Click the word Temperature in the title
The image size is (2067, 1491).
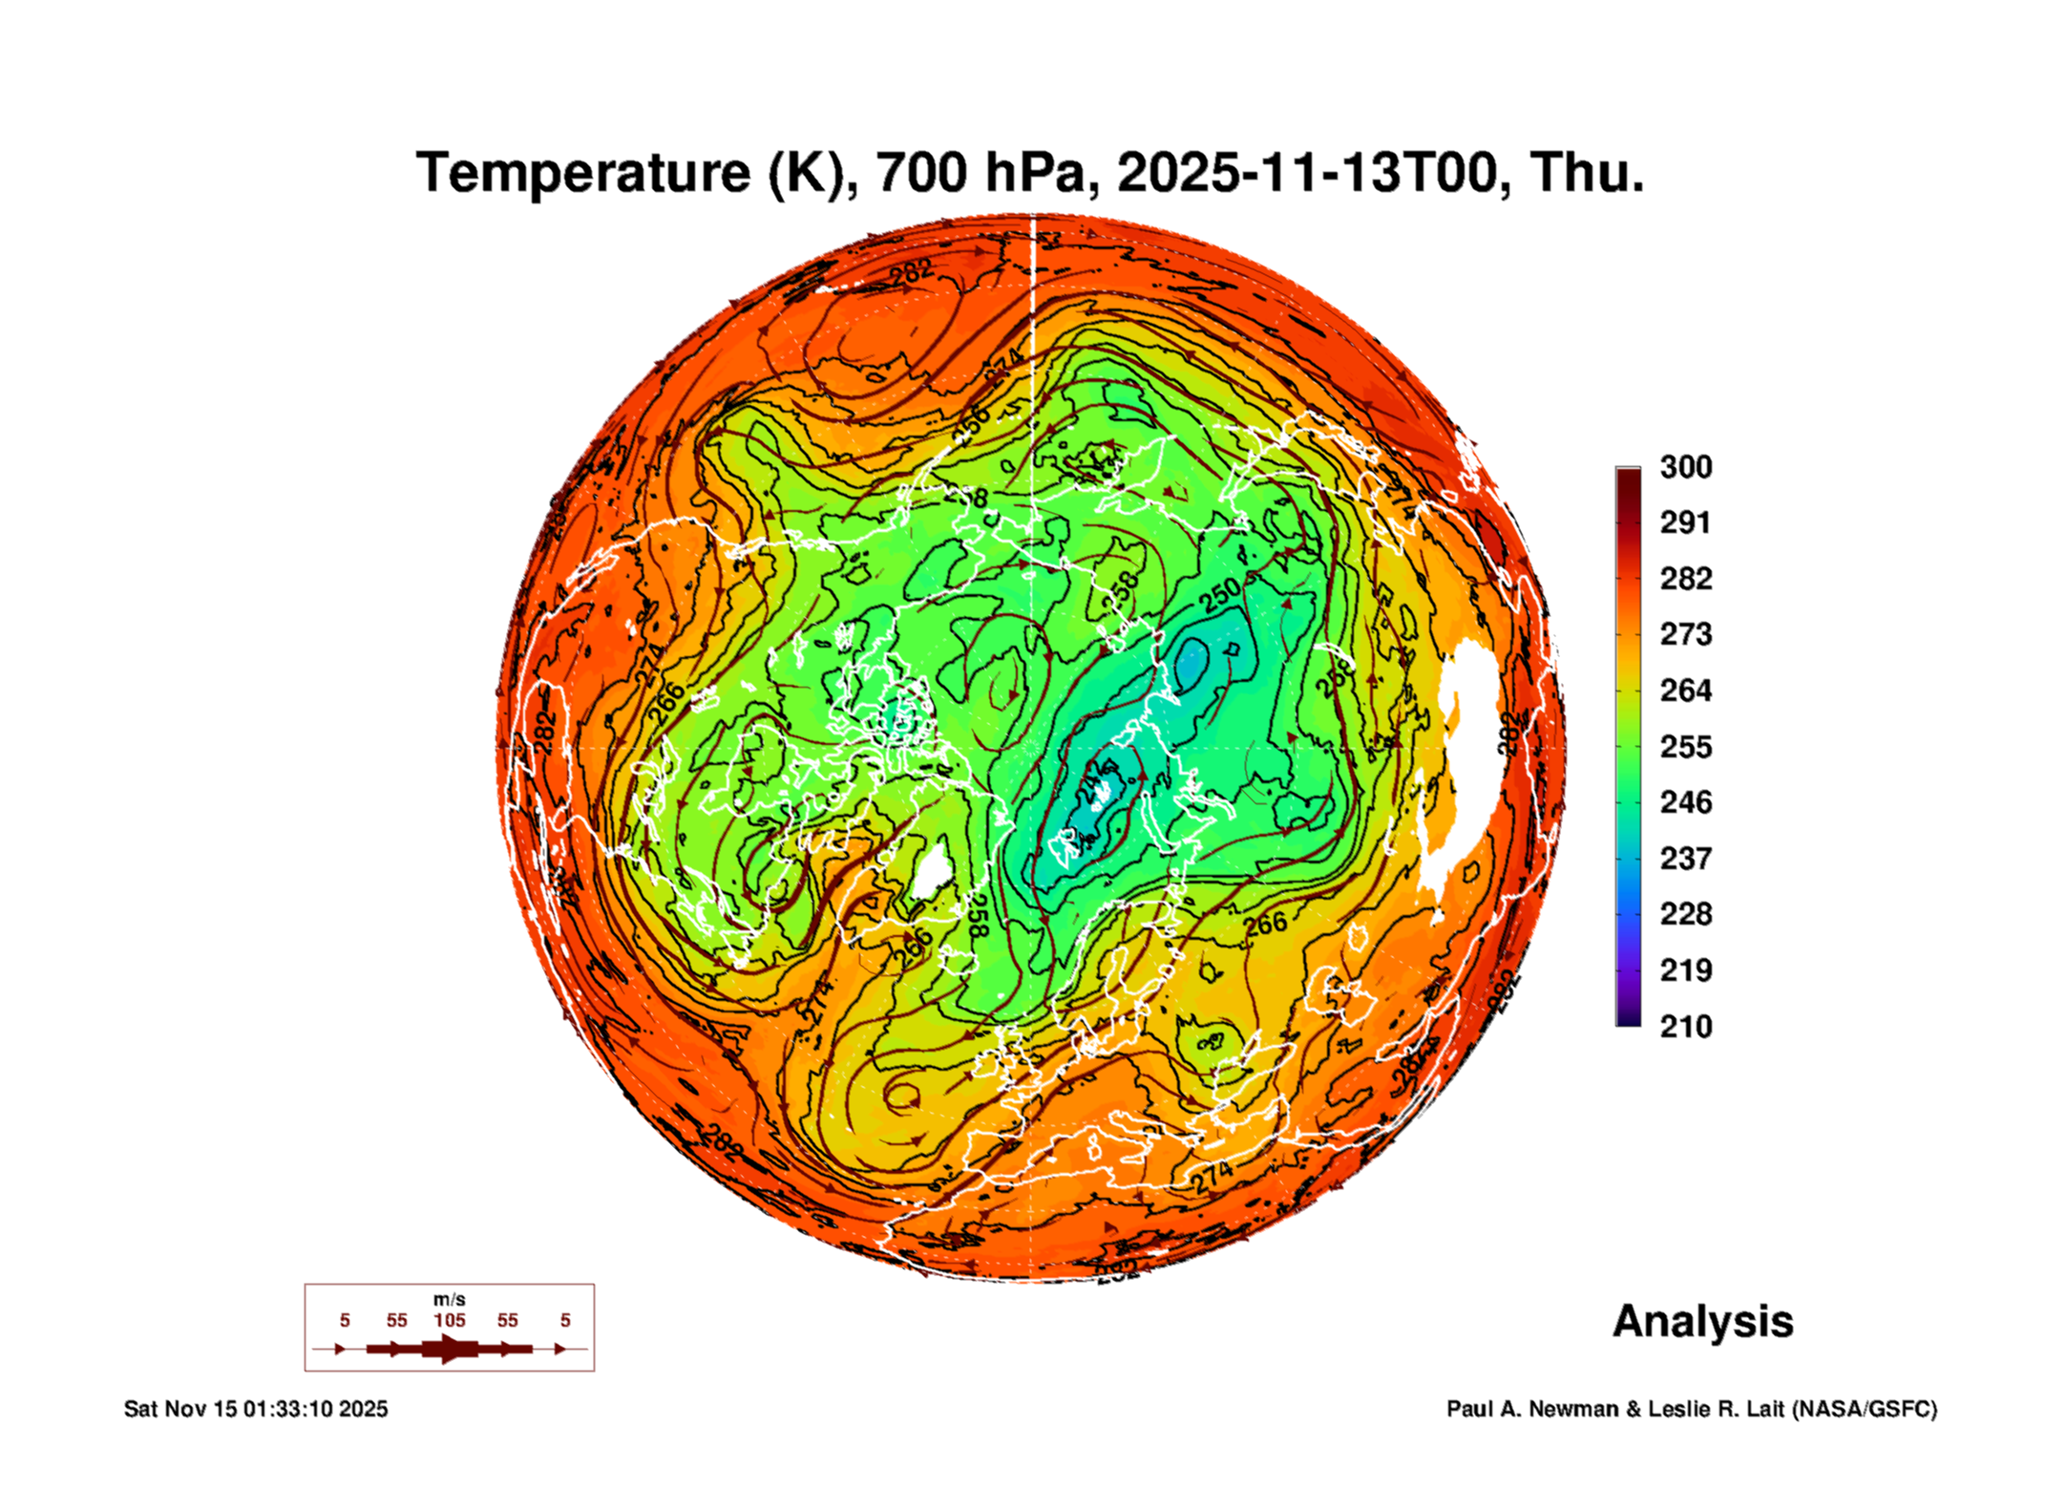583,173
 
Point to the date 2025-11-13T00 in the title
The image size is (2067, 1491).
1305,173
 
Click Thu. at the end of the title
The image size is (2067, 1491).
1587,173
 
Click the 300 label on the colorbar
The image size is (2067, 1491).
1685,467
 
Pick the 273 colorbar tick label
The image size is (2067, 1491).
1685,634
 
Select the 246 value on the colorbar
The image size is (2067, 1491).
1685,802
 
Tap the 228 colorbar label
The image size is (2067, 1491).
1685,914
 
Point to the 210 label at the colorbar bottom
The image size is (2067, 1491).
1685,1027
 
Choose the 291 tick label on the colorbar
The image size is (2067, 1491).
1685,522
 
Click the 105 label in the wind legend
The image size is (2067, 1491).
449,1320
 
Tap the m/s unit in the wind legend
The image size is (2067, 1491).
449,1300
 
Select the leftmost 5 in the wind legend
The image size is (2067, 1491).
345,1320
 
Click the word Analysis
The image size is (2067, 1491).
1702,1321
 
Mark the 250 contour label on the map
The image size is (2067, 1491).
1221,594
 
